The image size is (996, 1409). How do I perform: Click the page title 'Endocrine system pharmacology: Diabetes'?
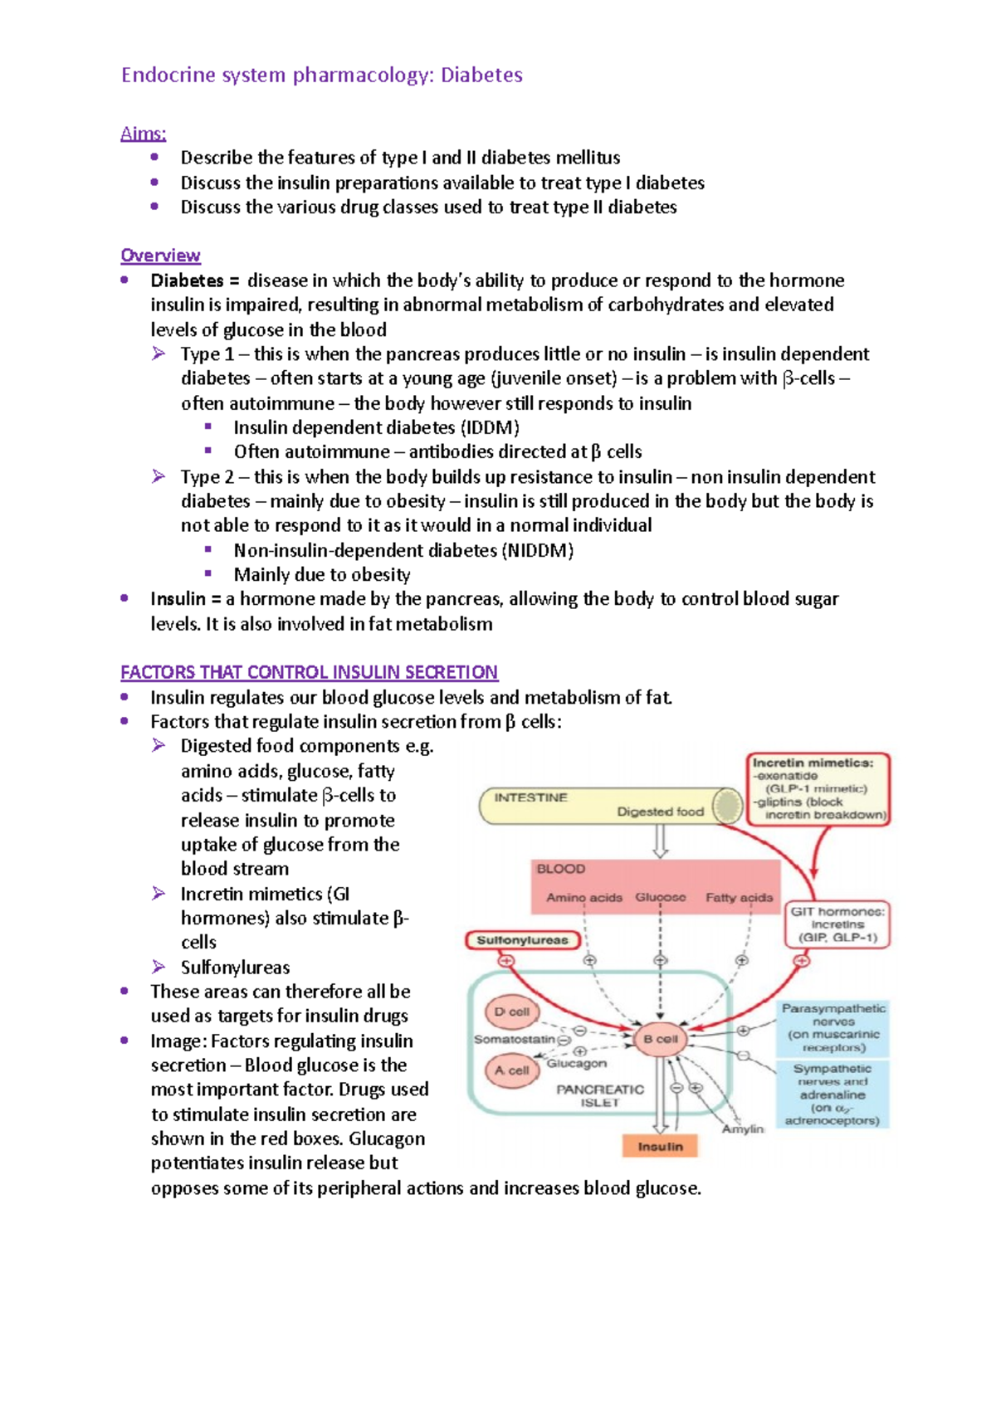pos(321,76)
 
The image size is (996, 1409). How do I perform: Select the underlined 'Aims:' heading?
pos(143,134)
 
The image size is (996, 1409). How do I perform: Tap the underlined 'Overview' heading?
pos(160,256)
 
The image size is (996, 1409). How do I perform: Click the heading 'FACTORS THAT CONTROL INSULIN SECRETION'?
pos(309,672)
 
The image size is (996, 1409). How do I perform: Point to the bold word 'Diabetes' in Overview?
pos(187,280)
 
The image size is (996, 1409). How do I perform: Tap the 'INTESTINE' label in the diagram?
pos(531,797)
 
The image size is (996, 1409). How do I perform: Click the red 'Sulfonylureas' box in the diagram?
pos(522,940)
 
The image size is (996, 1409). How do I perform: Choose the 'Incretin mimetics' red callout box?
pos(818,788)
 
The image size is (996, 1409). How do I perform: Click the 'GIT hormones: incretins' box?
pos(837,924)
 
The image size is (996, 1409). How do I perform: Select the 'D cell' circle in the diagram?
pos(512,1012)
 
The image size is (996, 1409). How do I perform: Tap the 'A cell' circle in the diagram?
pos(512,1070)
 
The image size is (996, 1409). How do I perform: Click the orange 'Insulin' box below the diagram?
pos(660,1147)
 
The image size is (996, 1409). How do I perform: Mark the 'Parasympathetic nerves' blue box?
pos(832,1027)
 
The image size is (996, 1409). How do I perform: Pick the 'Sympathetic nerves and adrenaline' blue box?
pos(832,1095)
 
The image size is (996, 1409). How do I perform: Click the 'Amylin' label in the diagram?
pos(742,1129)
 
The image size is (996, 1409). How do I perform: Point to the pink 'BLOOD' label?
pos(561,869)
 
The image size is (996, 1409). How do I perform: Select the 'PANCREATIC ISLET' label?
pos(599,1095)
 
